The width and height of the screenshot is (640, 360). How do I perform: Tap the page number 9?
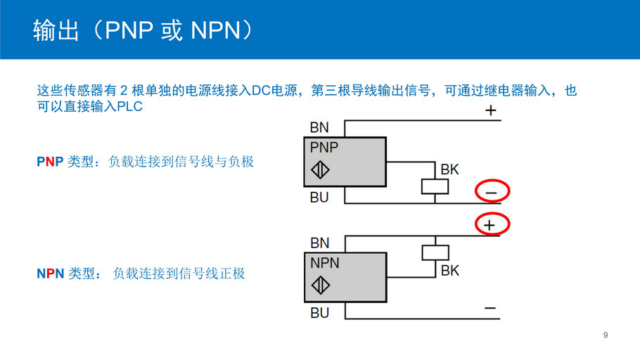pyautogui.click(x=606, y=335)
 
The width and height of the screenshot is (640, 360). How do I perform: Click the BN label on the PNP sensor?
pyautogui.click(x=319, y=127)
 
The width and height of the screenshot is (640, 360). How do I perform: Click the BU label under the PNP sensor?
pyautogui.click(x=319, y=198)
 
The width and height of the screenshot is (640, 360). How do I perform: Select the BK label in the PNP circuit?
pyautogui.click(x=449, y=169)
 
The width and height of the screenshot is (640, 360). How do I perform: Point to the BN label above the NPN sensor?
pyautogui.click(x=319, y=243)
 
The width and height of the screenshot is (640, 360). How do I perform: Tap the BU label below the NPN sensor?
pyautogui.click(x=319, y=313)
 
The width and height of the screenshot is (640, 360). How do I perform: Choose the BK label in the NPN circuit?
pyautogui.click(x=449, y=270)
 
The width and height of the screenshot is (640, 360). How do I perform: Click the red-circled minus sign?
pyautogui.click(x=492, y=192)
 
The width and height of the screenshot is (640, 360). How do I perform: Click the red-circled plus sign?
pyautogui.click(x=491, y=225)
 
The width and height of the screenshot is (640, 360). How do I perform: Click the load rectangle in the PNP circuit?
pyautogui.click(x=435, y=186)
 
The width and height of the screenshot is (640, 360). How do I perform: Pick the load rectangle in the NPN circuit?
pyautogui.click(x=435, y=252)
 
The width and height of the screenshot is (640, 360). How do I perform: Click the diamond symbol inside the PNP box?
pyautogui.click(x=321, y=170)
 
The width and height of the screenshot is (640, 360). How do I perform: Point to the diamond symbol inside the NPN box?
pyautogui.click(x=321, y=285)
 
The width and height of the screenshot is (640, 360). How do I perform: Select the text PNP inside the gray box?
pyautogui.click(x=324, y=148)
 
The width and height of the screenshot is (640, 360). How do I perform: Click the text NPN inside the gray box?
pyautogui.click(x=325, y=263)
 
